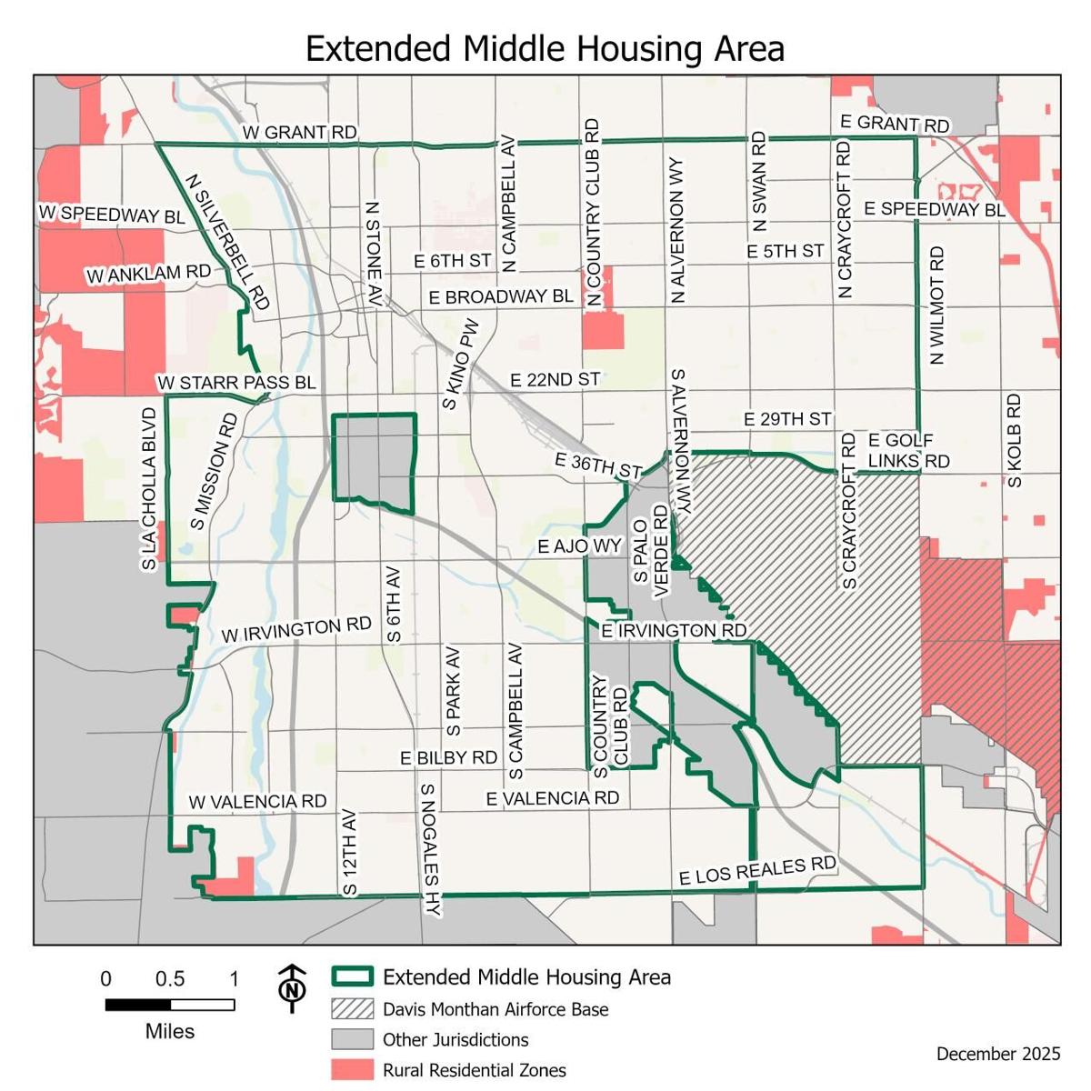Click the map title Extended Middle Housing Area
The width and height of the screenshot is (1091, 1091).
pyautogui.click(x=545, y=48)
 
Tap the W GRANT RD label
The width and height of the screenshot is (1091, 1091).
pyautogui.click(x=299, y=133)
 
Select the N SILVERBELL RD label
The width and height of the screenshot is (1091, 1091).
pyautogui.click(x=228, y=242)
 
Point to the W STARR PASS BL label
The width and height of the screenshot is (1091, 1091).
pyautogui.click(x=236, y=383)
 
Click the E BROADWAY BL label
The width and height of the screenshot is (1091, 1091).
pyautogui.click(x=501, y=297)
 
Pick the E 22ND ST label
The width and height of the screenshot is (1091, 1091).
pyautogui.click(x=555, y=379)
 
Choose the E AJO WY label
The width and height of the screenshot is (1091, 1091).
pyautogui.click(x=579, y=545)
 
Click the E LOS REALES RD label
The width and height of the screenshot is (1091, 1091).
pyautogui.click(x=757, y=870)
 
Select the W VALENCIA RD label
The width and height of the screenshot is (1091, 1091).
pyautogui.click(x=257, y=802)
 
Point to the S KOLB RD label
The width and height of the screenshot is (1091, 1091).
pyautogui.click(x=1015, y=440)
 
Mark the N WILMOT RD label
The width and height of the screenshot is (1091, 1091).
pyautogui.click(x=936, y=305)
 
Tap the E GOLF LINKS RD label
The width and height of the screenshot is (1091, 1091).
pyautogui.click(x=907, y=451)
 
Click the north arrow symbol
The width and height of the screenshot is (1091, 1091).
pyautogui.click(x=292, y=987)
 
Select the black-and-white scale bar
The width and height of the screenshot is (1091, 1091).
pyautogui.click(x=170, y=1005)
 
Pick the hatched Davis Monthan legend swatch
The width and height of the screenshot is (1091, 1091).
pyautogui.click(x=352, y=1009)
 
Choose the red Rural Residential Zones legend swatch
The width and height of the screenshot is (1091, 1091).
pyautogui.click(x=352, y=1070)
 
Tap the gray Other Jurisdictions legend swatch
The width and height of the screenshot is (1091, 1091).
pyautogui.click(x=352, y=1039)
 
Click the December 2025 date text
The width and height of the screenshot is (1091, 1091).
pyautogui.click(x=997, y=1054)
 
